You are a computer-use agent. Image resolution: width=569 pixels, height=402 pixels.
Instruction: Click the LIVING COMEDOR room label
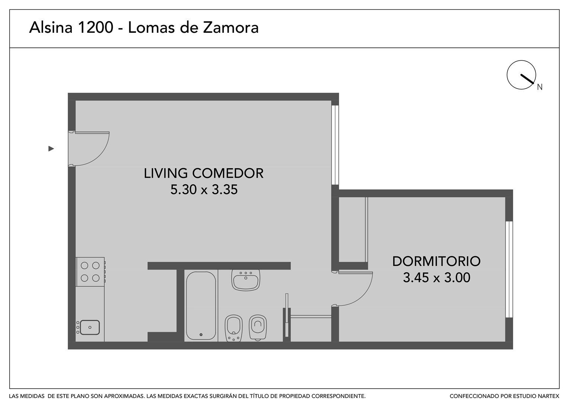(203, 173)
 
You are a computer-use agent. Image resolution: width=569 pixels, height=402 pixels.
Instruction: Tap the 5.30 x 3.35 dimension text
(204, 189)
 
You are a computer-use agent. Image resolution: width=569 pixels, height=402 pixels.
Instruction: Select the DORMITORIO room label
(436, 261)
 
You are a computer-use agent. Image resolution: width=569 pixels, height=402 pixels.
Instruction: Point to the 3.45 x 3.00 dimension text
(437, 278)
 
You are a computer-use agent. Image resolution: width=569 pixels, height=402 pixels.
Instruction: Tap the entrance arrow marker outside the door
(51, 149)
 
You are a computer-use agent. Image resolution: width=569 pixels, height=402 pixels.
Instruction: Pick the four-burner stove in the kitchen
(90, 272)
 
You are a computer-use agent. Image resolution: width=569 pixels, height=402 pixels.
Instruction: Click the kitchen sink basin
(90, 327)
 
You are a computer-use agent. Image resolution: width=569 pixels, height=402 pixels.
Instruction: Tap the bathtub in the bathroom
(201, 306)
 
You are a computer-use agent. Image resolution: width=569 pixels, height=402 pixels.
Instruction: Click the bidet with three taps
(233, 328)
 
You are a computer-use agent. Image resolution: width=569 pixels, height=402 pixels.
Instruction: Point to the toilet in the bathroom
(258, 327)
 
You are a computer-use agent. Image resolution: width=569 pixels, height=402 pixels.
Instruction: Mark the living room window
(335, 145)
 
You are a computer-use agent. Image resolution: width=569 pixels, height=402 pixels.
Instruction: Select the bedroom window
(509, 269)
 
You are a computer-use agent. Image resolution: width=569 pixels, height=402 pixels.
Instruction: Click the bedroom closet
(353, 230)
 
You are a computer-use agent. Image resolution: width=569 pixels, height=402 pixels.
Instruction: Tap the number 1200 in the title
(95, 28)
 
